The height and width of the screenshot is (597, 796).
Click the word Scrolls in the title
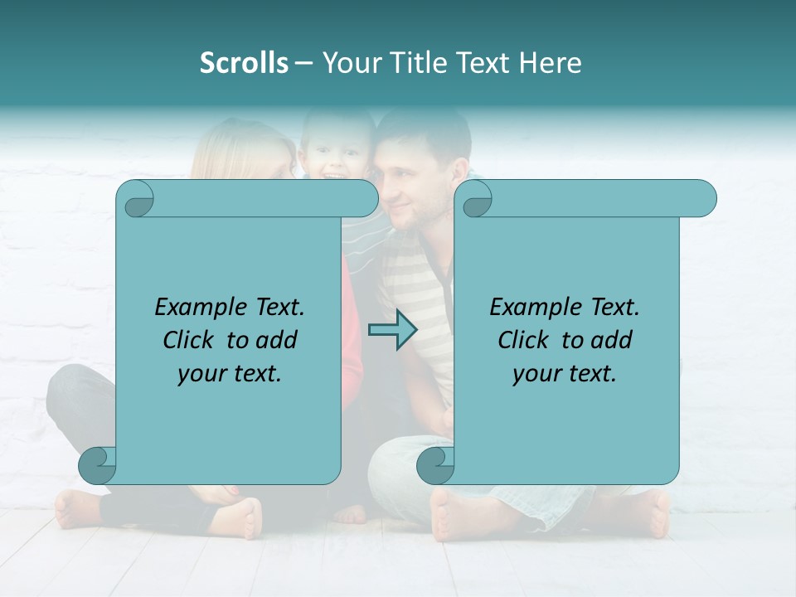[x=244, y=63]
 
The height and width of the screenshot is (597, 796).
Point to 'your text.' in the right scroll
[x=565, y=374]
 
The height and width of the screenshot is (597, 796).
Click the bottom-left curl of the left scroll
[x=98, y=466]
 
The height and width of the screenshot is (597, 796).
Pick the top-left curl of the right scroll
[x=476, y=199]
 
